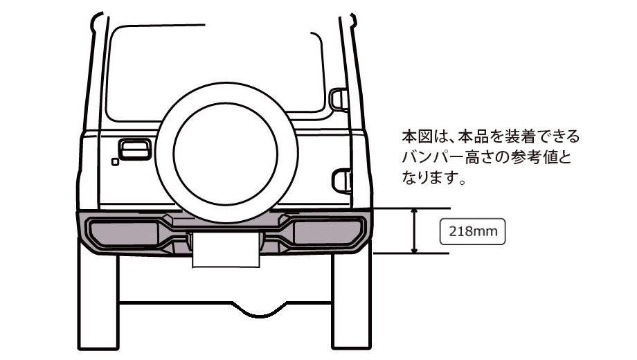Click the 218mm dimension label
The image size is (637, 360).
pyautogui.click(x=472, y=232)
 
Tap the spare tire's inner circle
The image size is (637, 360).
pyautogui.click(x=226, y=103)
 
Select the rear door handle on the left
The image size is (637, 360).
pyautogui.click(x=135, y=149)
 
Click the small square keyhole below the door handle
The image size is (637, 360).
pyautogui.click(x=115, y=162)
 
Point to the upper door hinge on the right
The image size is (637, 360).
pyautogui.click(x=339, y=99)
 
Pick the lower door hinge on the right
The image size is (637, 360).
pyautogui.click(x=342, y=181)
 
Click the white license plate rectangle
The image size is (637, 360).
pyautogui.click(x=226, y=249)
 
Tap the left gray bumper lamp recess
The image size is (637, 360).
pyautogui.click(x=123, y=233)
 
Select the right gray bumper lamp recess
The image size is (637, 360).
pyautogui.click(x=328, y=233)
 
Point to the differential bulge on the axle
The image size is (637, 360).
pyautogui.click(x=260, y=309)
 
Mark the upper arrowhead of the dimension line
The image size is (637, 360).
pyautogui.click(x=414, y=211)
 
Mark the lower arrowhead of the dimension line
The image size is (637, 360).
pyautogui.click(x=414, y=250)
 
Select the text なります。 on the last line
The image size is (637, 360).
pyautogui.click(x=433, y=178)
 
